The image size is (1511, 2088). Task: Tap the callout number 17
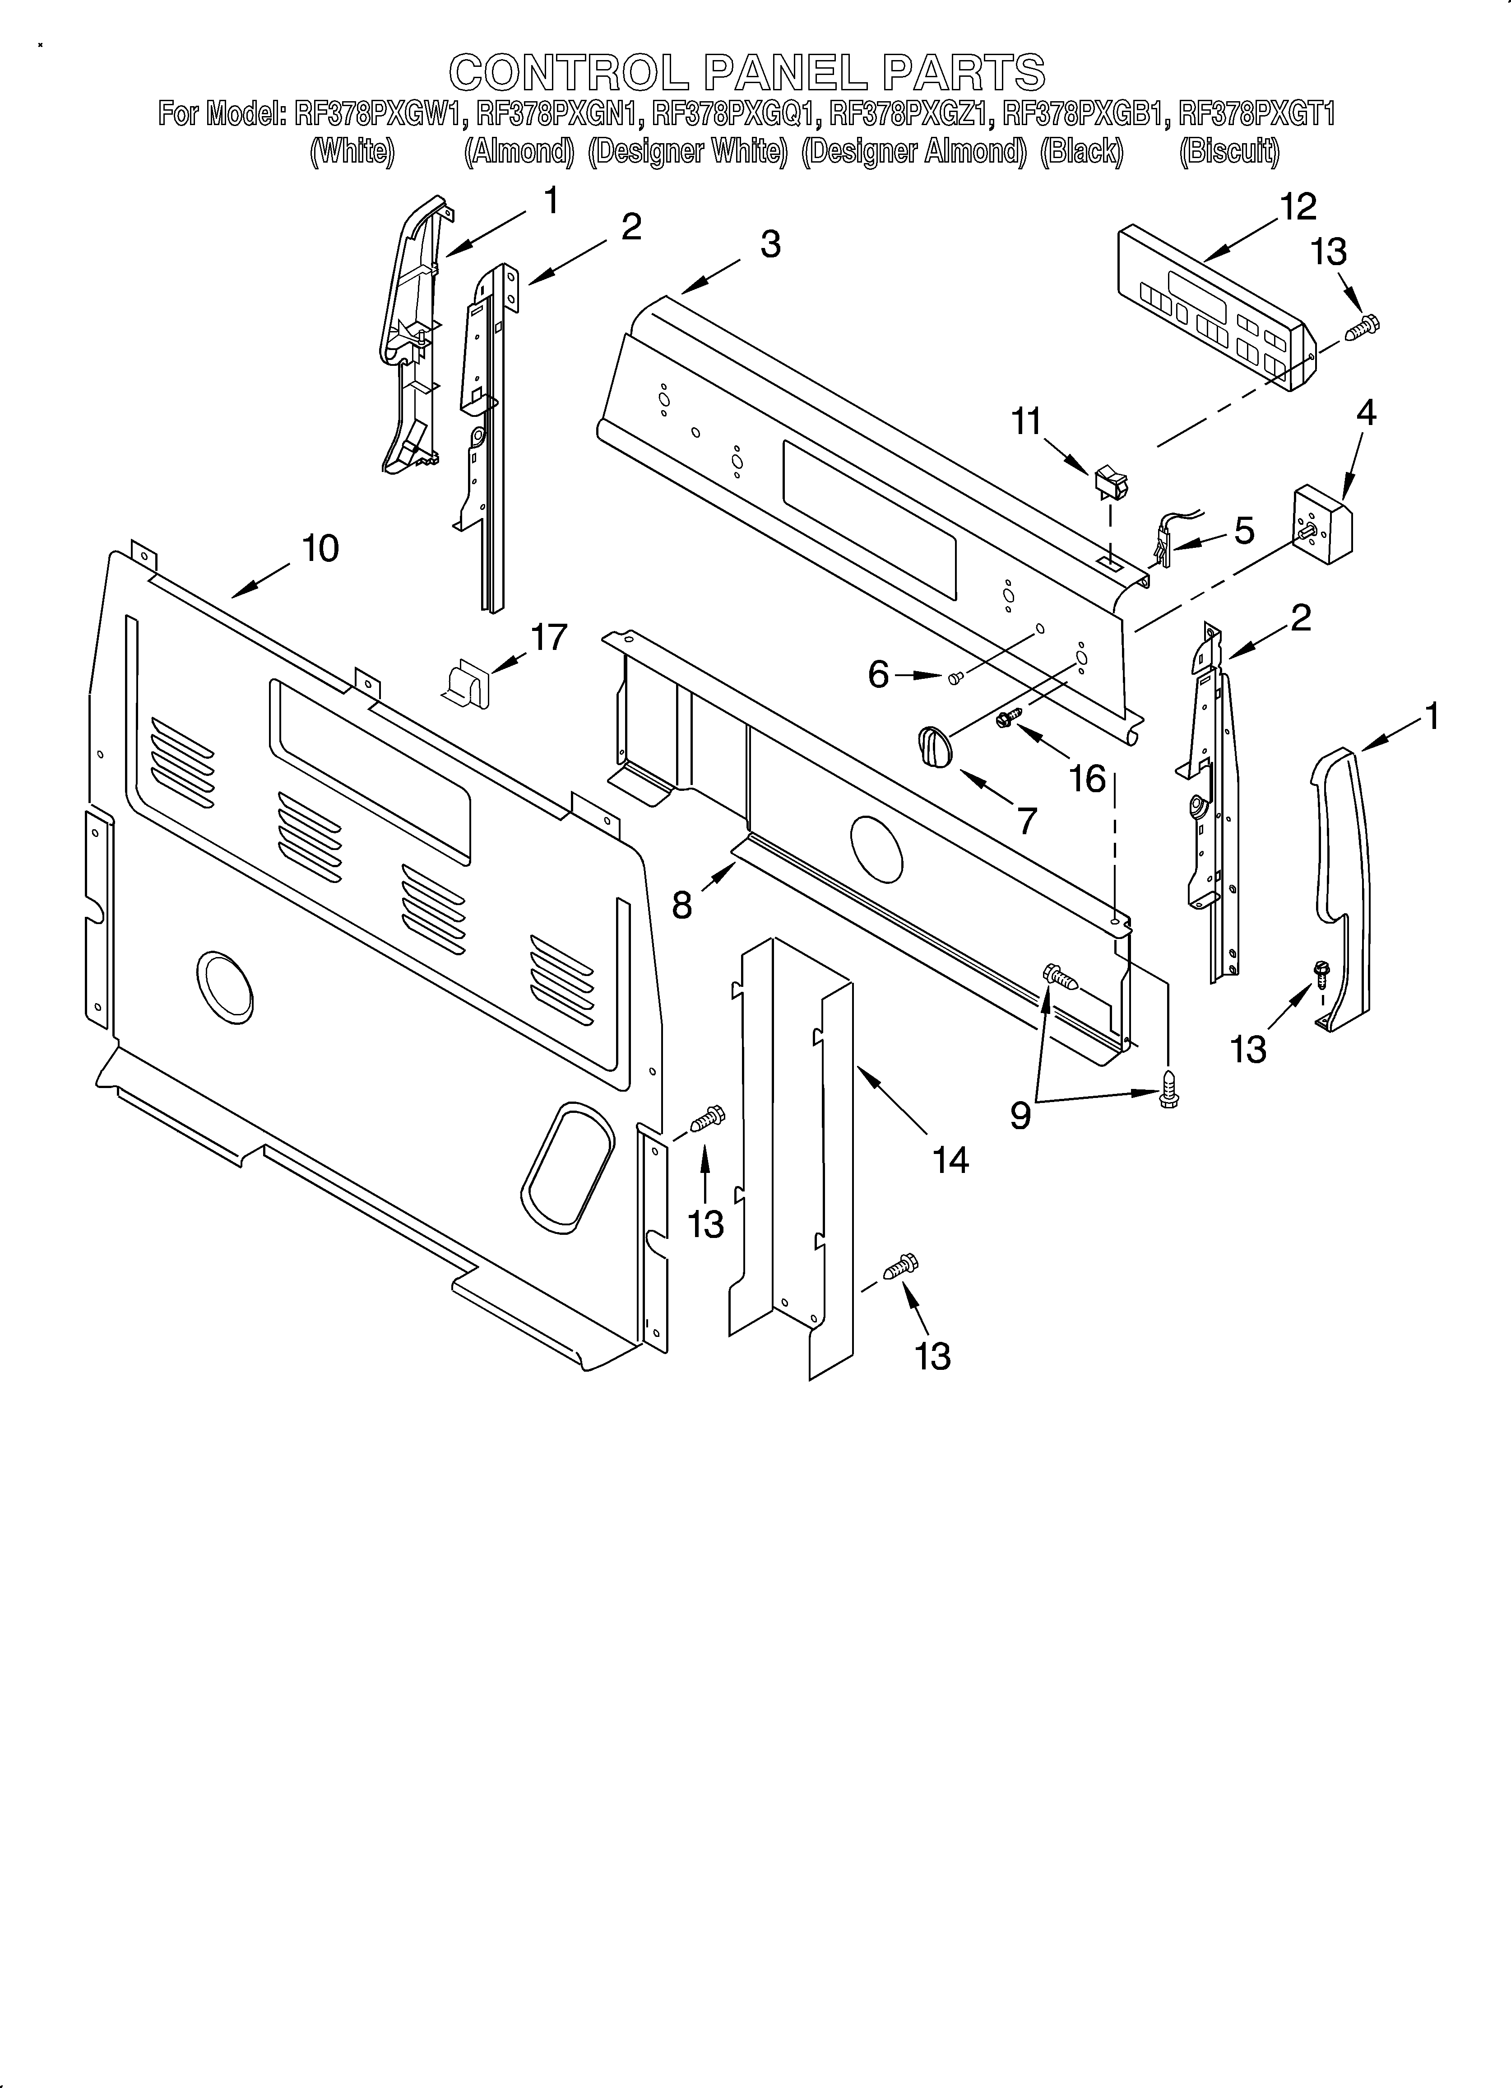coord(549,637)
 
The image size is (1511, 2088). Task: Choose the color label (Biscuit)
coord(1228,151)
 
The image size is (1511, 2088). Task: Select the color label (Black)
coord(1081,151)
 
